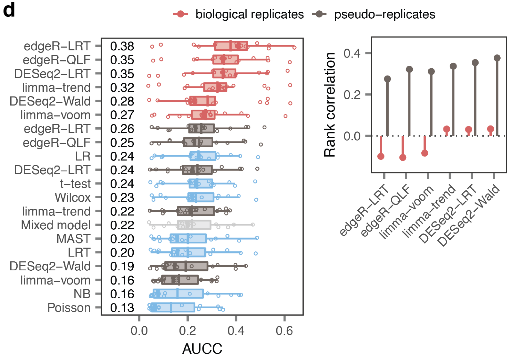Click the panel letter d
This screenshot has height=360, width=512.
(9, 10)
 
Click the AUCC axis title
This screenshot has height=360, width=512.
(202, 349)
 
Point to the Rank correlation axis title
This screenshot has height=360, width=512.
(330, 105)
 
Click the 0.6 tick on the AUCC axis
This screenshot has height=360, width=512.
(284, 331)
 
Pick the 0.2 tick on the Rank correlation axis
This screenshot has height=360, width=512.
(352, 94)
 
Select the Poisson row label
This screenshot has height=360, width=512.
(69, 308)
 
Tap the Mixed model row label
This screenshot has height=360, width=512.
(56, 225)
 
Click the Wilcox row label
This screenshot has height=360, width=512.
(73, 198)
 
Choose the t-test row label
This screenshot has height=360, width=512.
(75, 184)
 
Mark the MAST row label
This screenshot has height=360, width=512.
(73, 239)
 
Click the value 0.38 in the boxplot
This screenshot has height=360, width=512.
(122, 46)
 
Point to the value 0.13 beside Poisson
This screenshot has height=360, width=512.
(122, 308)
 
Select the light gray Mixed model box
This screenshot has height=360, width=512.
(194, 225)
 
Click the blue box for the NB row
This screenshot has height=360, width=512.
(178, 294)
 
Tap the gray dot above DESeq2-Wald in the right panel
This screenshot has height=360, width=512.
(497, 58)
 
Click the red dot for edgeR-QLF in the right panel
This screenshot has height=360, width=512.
(402, 158)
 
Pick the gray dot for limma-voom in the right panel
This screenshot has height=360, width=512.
(431, 72)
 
